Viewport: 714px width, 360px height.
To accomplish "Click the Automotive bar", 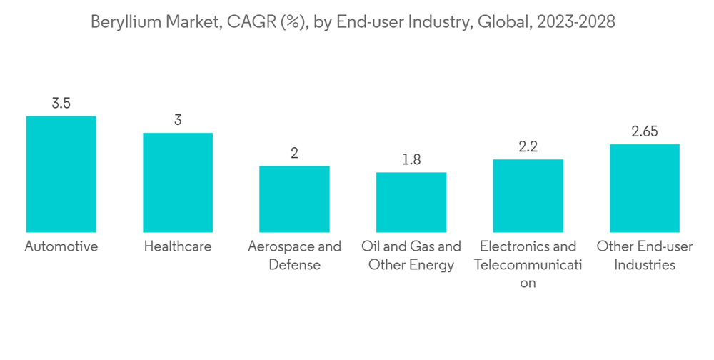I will (61, 174).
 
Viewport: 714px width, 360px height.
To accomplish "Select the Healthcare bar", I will (178, 183).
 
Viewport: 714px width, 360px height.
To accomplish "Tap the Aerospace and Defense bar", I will (294, 199).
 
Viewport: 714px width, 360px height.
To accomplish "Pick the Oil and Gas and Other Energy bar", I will (411, 202).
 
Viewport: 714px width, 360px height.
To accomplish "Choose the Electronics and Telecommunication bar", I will (528, 196).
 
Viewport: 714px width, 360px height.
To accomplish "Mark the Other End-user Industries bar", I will (645, 189).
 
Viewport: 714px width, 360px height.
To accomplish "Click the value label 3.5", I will (61, 104).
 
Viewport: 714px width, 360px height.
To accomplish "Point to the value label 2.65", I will (645, 131).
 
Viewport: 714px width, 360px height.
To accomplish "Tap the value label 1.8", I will (411, 160).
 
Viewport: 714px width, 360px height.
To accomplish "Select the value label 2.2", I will (528, 147).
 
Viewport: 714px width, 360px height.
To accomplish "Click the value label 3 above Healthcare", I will (178, 120).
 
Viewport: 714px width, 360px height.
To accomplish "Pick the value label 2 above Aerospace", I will (294, 154).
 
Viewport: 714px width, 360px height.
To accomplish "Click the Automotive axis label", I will (61, 247).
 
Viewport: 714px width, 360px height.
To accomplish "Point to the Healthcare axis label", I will (178, 247).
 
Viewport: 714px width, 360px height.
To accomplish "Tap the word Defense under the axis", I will (294, 265).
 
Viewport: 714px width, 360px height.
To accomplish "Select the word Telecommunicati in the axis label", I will (528, 265).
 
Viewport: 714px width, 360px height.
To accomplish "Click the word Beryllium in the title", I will (123, 23).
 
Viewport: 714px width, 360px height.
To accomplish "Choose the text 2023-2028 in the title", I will (577, 23).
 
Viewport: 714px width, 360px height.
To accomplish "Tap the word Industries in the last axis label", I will (645, 265).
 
